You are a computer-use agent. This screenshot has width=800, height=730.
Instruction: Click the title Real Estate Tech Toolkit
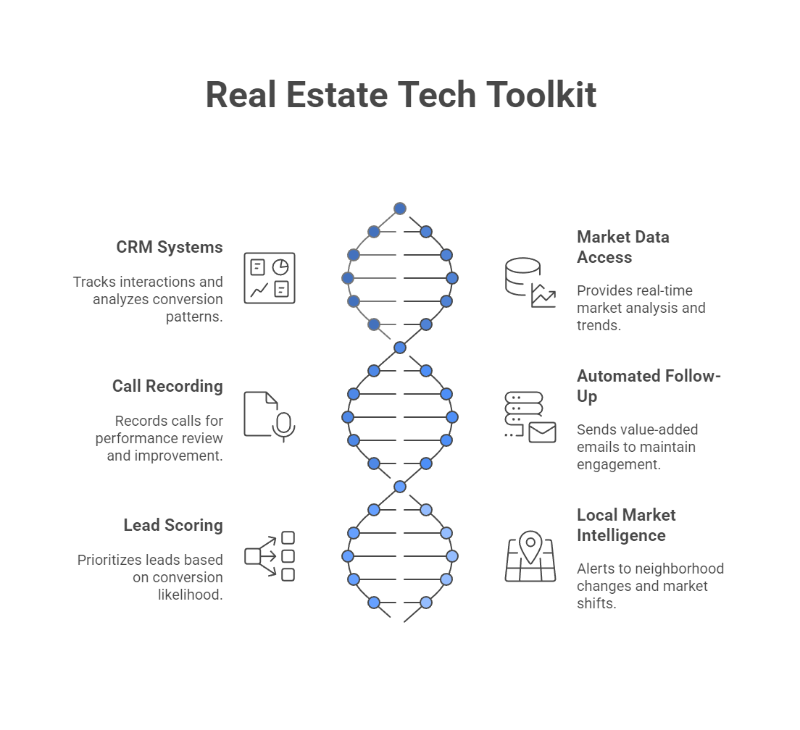tap(401, 95)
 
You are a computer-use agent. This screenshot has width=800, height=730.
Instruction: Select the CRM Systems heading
tap(170, 247)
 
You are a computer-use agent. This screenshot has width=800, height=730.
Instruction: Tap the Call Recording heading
tap(167, 386)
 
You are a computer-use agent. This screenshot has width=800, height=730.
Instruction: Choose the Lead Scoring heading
tap(173, 525)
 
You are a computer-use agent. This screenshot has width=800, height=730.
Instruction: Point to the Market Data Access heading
tap(622, 247)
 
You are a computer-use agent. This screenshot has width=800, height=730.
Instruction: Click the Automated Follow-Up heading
tap(649, 386)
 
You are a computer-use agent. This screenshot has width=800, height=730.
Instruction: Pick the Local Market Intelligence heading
tap(626, 525)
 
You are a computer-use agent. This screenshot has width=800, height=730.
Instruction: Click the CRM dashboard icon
tap(270, 278)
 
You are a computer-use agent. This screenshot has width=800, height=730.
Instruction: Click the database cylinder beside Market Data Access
tap(522, 276)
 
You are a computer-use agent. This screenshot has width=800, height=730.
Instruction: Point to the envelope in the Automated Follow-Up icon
tap(542, 432)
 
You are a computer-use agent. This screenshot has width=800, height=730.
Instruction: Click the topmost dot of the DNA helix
tap(400, 209)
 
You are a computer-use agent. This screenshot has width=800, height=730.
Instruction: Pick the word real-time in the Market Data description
tap(664, 290)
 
